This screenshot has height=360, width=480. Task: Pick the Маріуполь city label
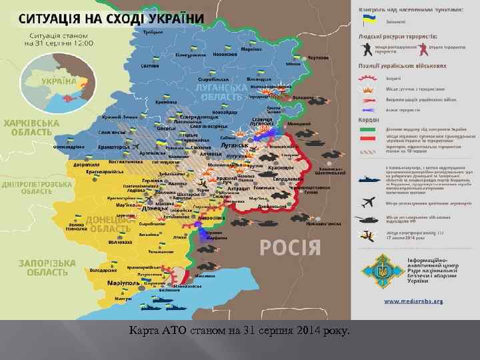point(124,283)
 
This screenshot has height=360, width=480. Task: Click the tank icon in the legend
point(369,219)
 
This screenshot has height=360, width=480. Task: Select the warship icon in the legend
point(369,180)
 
